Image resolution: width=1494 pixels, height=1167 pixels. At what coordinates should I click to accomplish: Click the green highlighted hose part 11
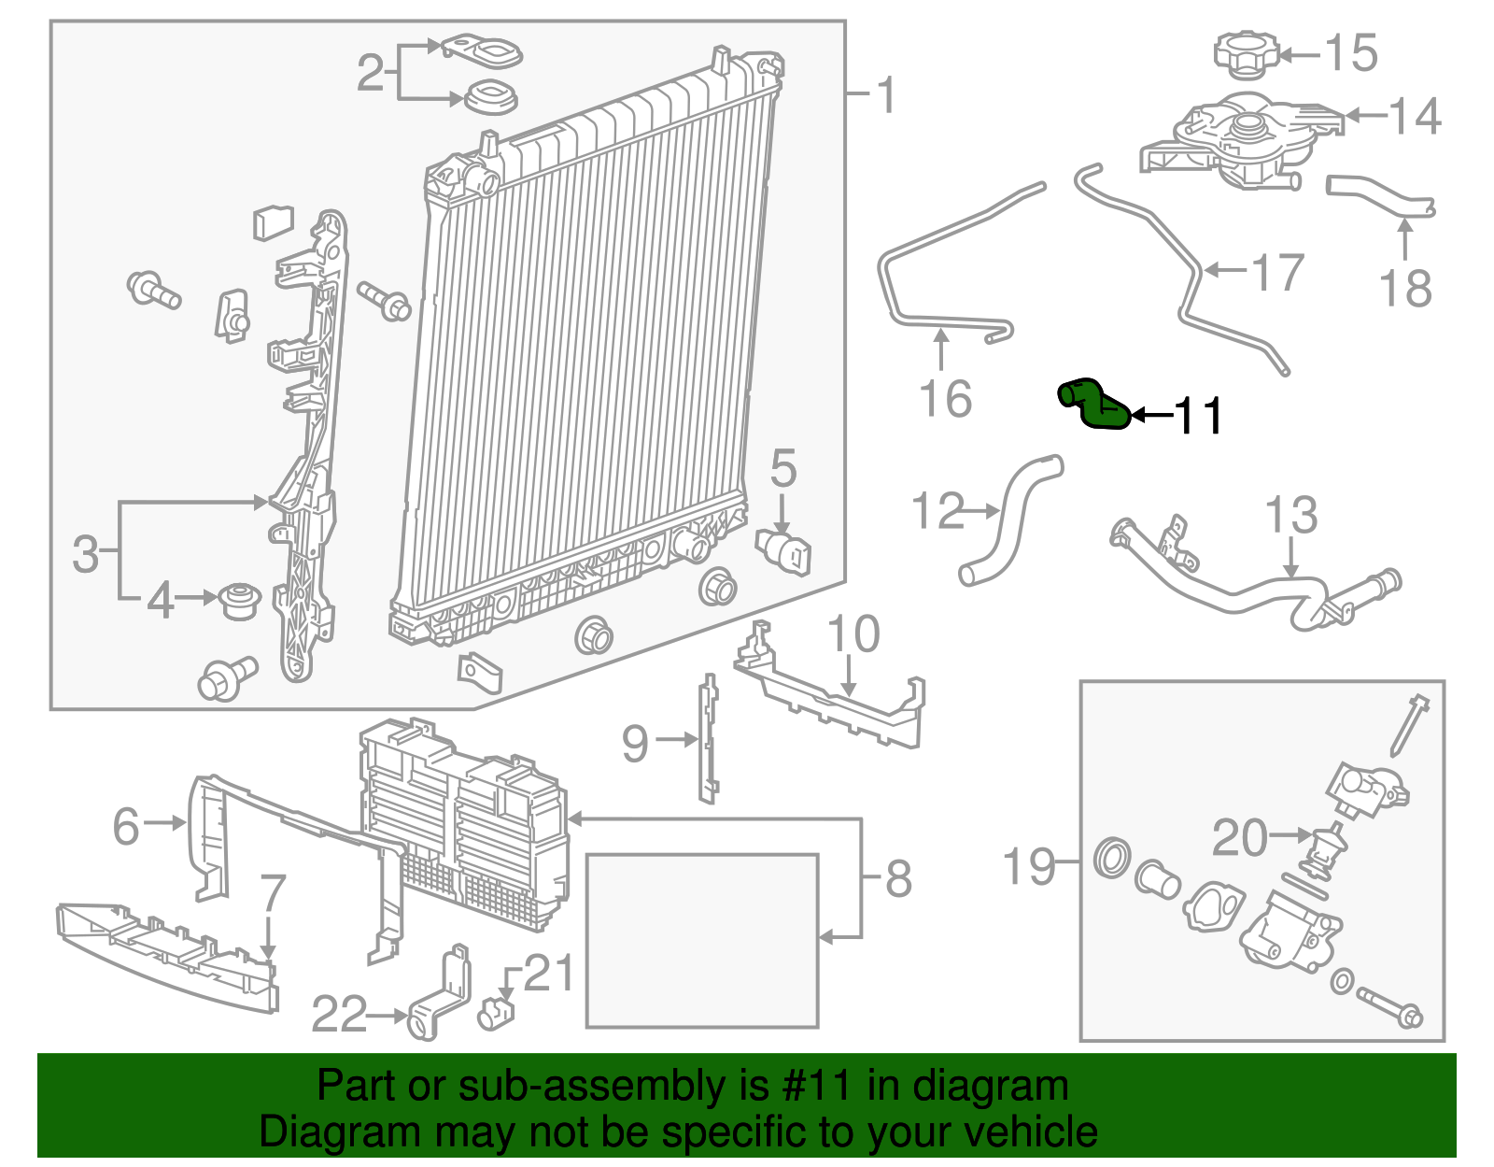(x=1093, y=406)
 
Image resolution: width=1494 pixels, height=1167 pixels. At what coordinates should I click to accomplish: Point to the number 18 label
(x=1406, y=288)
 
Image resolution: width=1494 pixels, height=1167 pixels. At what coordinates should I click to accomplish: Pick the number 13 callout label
(x=1291, y=514)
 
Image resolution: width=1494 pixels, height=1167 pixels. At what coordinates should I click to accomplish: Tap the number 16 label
(x=945, y=399)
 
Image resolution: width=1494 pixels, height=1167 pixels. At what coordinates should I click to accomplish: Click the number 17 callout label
(x=1278, y=272)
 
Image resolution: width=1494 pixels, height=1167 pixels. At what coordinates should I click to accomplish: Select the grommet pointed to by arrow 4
(x=239, y=601)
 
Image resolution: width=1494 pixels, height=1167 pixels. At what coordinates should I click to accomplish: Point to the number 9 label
(x=635, y=744)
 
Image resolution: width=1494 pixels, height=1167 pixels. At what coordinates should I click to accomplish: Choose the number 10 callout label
(x=853, y=633)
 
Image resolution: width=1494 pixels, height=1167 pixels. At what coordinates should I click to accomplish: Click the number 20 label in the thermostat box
(x=1240, y=837)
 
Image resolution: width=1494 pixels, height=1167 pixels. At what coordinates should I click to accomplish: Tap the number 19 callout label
(x=1029, y=866)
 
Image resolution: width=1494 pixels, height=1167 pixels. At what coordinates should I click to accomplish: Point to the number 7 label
(x=273, y=893)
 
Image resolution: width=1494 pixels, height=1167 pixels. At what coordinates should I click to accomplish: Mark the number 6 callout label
(x=126, y=826)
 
